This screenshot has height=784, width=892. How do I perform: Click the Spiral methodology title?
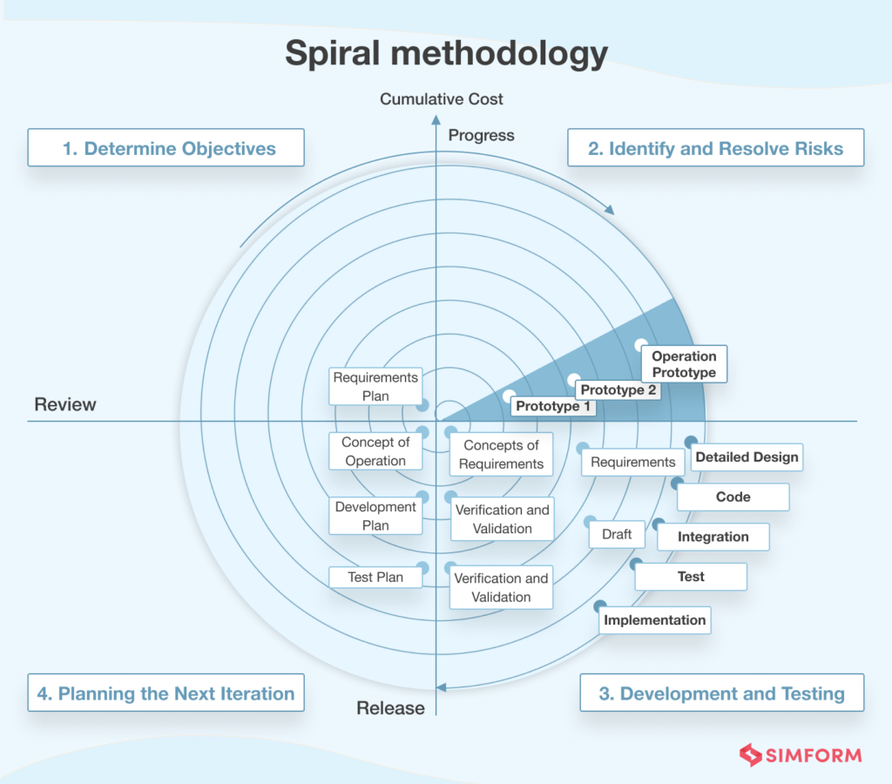click(446, 54)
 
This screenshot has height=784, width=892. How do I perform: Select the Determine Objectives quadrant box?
click(166, 148)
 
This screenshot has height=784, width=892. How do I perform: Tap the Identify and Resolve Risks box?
click(715, 148)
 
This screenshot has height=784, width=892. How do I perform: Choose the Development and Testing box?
click(721, 693)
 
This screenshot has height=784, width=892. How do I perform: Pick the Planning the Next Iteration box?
click(166, 693)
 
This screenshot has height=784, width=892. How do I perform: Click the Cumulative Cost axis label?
click(442, 99)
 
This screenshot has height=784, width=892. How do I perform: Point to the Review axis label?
click(65, 405)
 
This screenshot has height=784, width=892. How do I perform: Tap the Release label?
click(390, 708)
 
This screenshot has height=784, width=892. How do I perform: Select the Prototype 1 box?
click(553, 406)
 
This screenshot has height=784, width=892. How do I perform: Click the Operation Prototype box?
click(684, 364)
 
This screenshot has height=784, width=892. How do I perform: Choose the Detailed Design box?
click(747, 456)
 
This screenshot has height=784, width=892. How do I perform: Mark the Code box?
click(733, 497)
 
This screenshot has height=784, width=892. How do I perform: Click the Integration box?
click(713, 537)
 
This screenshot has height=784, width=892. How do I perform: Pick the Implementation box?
click(655, 620)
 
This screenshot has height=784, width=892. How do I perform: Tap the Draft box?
click(617, 534)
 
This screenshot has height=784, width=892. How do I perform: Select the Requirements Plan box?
click(375, 387)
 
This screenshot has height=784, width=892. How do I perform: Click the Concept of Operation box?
click(375, 451)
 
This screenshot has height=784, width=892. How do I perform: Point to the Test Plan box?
click(376, 577)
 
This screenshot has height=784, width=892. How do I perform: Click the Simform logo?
click(800, 755)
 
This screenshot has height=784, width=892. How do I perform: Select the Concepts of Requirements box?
click(501, 455)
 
